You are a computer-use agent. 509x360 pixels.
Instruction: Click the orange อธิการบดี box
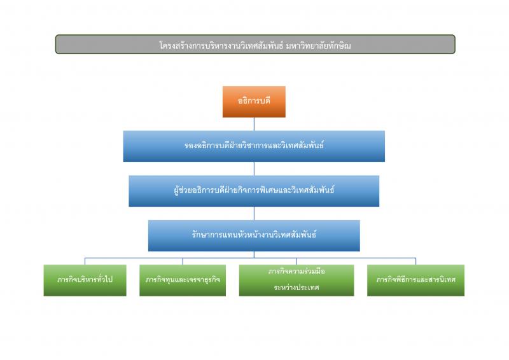254,102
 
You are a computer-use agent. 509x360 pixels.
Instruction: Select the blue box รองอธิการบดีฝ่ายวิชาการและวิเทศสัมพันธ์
254,146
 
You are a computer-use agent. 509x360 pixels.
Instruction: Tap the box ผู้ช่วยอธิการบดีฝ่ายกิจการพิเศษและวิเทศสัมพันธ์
254,191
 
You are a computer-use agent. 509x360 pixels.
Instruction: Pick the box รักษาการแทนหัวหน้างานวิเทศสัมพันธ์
254,235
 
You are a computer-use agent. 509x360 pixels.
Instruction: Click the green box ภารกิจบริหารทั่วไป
85,280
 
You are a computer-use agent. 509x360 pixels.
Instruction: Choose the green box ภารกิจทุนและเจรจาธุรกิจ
183,280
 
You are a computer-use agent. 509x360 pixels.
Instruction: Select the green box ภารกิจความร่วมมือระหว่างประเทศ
296,280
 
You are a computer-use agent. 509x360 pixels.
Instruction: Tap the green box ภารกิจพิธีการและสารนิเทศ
415,280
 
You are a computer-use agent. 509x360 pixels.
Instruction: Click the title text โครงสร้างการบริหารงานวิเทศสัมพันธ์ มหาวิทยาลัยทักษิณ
255,45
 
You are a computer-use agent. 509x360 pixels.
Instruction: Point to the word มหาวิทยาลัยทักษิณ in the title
319,45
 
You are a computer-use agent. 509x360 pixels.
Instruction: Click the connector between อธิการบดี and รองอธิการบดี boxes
254,124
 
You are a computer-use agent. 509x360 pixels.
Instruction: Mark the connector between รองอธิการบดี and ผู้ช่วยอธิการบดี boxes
254,169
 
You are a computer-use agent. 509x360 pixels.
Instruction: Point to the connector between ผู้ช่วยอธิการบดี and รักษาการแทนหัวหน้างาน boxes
254,213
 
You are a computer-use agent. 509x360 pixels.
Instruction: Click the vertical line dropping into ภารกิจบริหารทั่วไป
85,261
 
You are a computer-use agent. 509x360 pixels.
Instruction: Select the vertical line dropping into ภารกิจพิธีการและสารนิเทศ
415,261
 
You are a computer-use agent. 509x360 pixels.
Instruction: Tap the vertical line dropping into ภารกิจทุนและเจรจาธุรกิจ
183,261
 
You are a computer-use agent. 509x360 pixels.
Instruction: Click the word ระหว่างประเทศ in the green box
296,287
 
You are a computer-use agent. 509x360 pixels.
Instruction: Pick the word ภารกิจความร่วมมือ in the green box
296,272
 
